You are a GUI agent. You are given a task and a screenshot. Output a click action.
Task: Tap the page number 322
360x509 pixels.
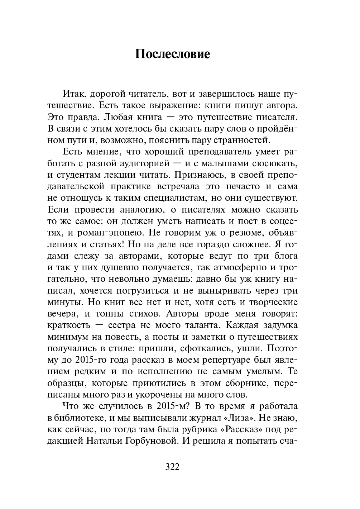(172, 467)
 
